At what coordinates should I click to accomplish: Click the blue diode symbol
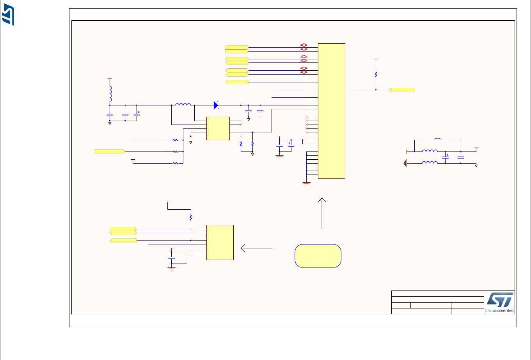click(216, 105)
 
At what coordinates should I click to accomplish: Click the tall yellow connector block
click(332, 111)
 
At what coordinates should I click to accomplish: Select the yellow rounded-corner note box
click(318, 256)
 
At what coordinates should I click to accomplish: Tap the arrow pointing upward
click(322, 213)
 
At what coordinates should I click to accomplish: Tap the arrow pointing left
click(256, 248)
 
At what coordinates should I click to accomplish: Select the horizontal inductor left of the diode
click(183, 105)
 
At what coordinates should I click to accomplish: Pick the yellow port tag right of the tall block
click(402, 90)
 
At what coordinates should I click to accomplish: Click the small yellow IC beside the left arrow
click(220, 242)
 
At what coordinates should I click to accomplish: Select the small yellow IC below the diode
click(218, 128)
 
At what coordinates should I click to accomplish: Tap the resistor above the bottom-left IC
click(191, 217)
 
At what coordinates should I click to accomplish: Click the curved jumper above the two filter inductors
click(438, 139)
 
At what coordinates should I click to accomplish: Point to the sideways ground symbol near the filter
click(407, 163)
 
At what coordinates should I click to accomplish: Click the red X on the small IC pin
click(241, 125)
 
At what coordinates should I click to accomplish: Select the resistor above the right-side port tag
click(376, 74)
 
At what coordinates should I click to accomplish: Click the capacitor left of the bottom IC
click(171, 258)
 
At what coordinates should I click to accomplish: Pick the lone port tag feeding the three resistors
click(109, 151)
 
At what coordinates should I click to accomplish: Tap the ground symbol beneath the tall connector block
click(306, 184)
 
